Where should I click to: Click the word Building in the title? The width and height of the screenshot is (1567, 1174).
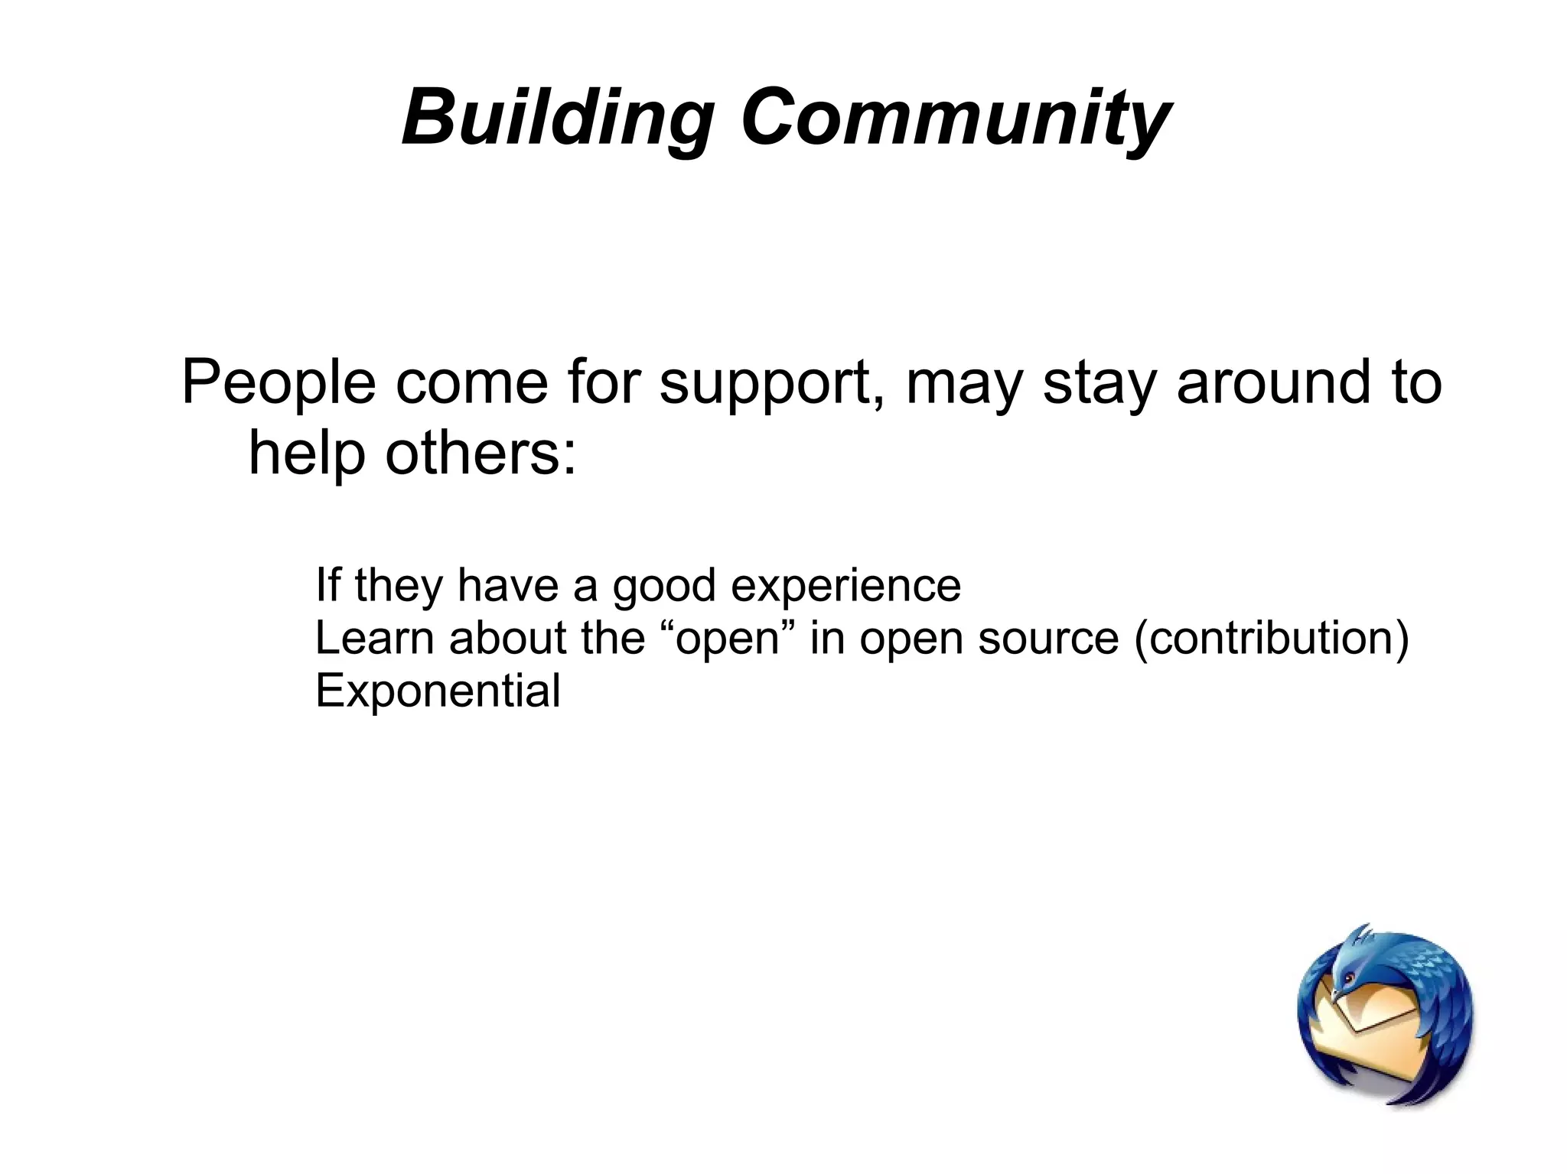tap(556, 119)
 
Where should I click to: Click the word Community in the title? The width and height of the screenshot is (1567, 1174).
tap(955, 119)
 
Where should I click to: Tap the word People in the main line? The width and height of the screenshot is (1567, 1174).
tap(279, 382)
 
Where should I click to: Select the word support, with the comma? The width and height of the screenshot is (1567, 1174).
tap(771, 385)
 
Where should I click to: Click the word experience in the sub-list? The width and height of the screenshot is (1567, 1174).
tap(845, 586)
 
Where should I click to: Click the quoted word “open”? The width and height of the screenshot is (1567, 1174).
tap(726, 639)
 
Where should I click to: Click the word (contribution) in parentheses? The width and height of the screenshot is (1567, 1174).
tap(1271, 639)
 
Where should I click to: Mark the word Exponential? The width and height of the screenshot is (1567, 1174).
tap(438, 691)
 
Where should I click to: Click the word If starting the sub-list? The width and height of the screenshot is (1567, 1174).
tap(327, 585)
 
